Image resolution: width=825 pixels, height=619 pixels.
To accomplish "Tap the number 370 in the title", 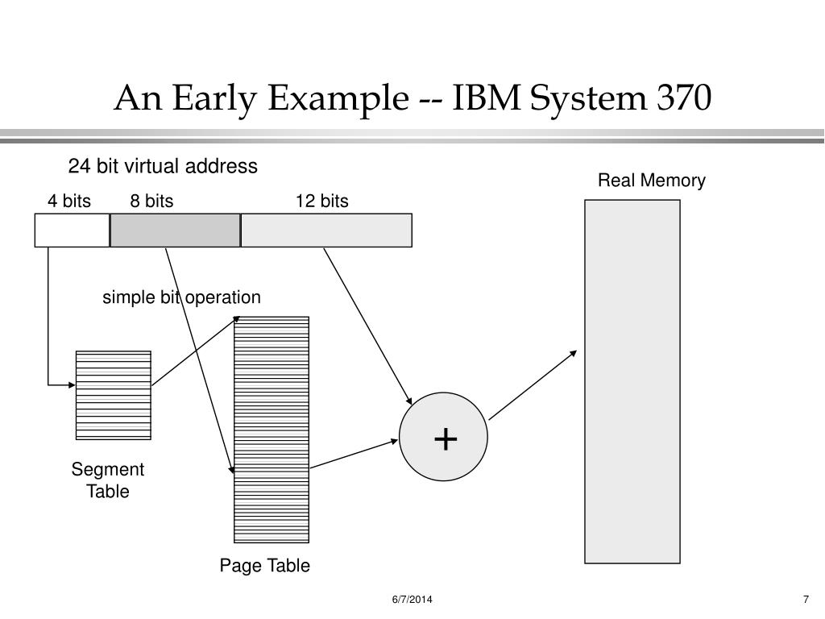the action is tap(684, 98).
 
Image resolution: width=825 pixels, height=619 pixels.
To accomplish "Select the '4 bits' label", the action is tap(69, 201).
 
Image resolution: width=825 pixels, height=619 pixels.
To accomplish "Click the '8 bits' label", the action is tap(151, 201).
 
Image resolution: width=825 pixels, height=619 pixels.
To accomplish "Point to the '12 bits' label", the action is tap(322, 201).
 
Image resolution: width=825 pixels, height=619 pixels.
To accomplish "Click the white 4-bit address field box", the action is tap(72, 230).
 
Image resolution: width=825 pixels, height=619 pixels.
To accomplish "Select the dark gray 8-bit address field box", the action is tap(175, 230).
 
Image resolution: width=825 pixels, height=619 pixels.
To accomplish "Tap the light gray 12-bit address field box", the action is tap(326, 230).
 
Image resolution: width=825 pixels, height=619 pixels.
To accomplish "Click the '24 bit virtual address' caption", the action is tap(163, 166).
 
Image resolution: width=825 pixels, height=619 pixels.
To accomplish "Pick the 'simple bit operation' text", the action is tap(181, 297).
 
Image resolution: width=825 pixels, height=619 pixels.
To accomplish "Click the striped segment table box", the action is tap(113, 395).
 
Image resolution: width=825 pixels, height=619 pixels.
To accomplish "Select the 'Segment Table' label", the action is tap(108, 480).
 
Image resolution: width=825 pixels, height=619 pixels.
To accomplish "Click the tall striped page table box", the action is tap(272, 430).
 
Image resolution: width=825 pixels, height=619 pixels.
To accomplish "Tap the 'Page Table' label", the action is tap(264, 565).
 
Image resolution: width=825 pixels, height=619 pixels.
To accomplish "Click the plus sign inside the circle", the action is tap(446, 439).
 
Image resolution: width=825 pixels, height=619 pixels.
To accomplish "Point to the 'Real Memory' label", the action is tap(651, 181).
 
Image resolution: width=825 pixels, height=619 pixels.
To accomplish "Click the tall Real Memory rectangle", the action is tap(632, 381).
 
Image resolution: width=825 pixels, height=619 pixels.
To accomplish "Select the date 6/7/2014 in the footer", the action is tap(412, 599).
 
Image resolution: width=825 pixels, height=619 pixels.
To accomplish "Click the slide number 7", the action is tap(806, 599).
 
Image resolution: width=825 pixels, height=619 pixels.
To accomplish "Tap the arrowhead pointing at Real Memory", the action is tap(574, 353).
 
